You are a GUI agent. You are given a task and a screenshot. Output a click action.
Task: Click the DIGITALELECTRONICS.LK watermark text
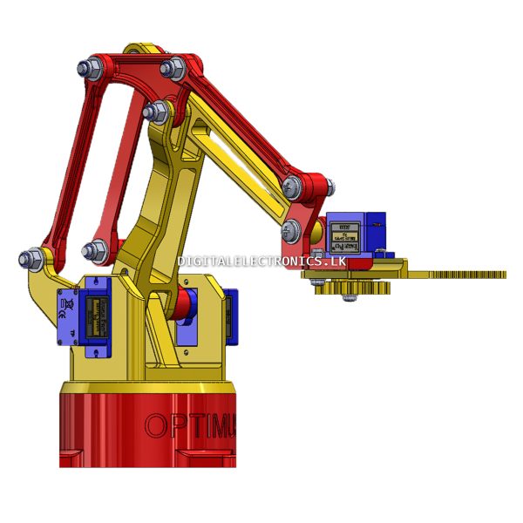261,261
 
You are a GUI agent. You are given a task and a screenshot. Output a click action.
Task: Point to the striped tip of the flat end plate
471,275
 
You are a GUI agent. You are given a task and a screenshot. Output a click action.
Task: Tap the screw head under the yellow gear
350,300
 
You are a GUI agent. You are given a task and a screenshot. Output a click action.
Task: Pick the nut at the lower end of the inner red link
92,252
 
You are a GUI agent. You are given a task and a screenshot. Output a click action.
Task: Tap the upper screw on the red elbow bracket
293,185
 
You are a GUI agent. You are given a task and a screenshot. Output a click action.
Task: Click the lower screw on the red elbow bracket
291,231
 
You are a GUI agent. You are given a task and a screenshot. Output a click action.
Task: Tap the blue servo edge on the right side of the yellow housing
230,317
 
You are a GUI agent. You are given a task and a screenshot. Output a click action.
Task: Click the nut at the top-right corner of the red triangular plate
172,67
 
